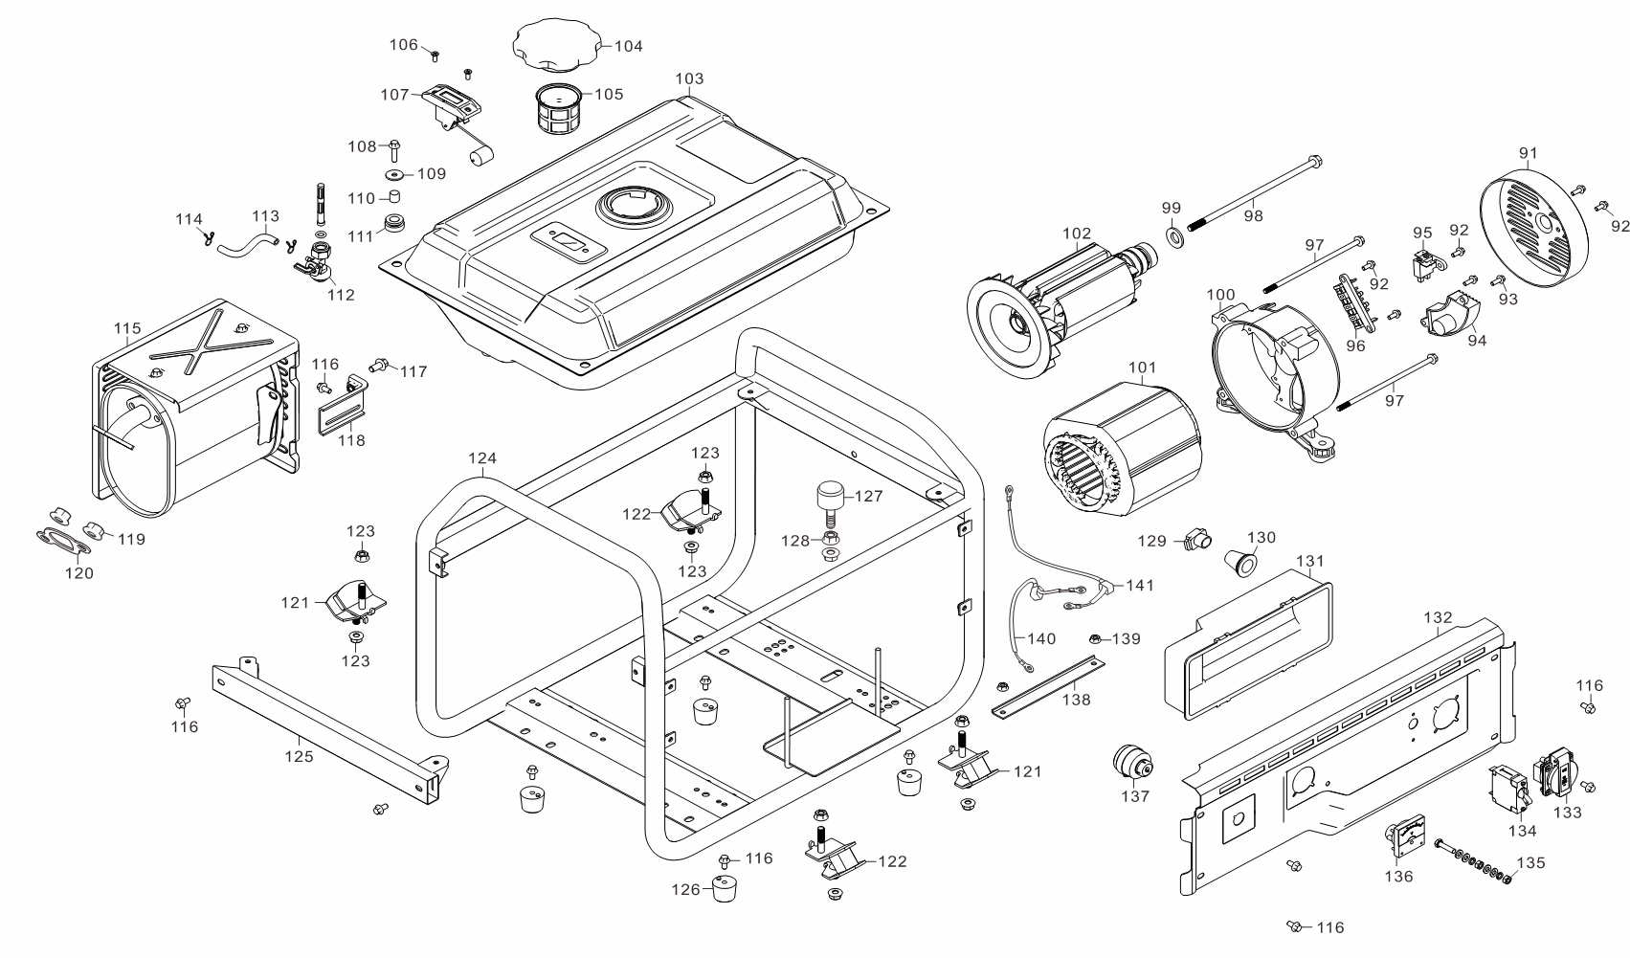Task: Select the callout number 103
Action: [x=689, y=78]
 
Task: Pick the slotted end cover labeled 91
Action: [x=1535, y=225]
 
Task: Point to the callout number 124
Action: [x=482, y=458]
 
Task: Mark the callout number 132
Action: [x=1438, y=618]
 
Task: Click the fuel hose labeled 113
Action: [x=244, y=243]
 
